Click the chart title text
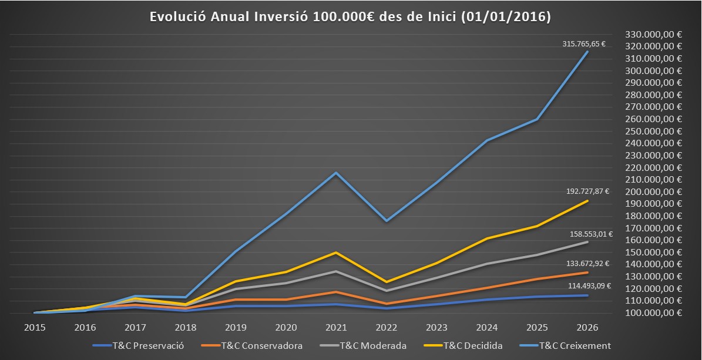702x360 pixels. pos(350,16)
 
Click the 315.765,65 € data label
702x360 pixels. pos(584,44)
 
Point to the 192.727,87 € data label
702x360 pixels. pos(587,191)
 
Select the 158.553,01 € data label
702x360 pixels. pos(591,234)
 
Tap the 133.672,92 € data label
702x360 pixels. pos(587,264)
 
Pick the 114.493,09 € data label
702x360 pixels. pos(590,285)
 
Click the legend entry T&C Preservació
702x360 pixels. pos(138,346)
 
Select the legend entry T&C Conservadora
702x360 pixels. pos(252,346)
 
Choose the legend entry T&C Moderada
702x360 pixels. pos(364,346)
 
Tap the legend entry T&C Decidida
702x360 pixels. pos(463,346)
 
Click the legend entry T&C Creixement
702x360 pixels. pos(565,346)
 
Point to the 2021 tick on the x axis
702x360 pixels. pos(336,328)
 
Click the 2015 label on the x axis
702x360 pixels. pos(35,328)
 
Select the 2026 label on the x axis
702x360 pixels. pos(587,328)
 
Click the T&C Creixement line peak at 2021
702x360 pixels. pos(336,173)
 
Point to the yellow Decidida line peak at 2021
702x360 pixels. pos(336,253)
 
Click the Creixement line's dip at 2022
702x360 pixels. pos(387,221)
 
